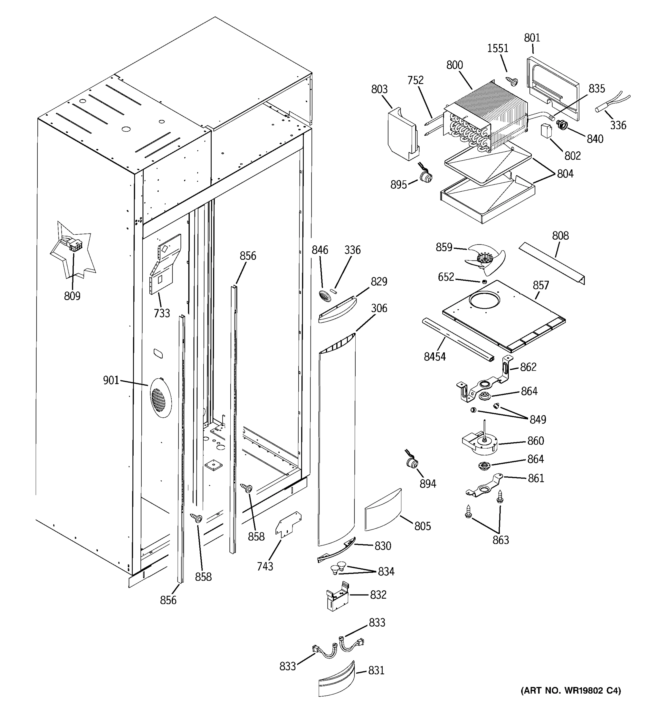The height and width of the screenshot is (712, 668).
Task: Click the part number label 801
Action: point(532,38)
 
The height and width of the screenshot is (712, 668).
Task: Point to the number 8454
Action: point(435,357)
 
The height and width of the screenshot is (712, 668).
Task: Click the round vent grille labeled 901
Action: point(160,398)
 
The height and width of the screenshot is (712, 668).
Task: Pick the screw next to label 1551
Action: point(511,81)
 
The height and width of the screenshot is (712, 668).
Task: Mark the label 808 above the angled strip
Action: point(560,235)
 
